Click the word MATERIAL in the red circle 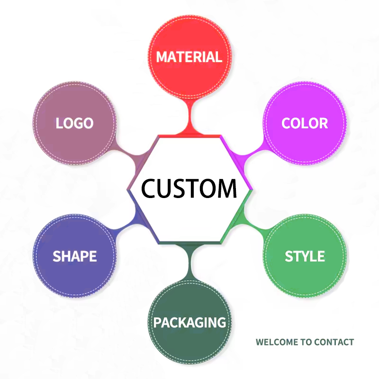point(189,57)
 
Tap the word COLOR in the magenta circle point(305,123)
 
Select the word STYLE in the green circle point(305,256)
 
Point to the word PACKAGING point(190,323)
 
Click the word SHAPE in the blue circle point(75,256)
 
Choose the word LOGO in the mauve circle point(74,123)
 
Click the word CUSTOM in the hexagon point(189,189)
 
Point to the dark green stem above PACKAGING point(190,262)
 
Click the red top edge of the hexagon point(189,136)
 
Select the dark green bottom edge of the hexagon point(189,243)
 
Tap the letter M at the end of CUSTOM point(226,189)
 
